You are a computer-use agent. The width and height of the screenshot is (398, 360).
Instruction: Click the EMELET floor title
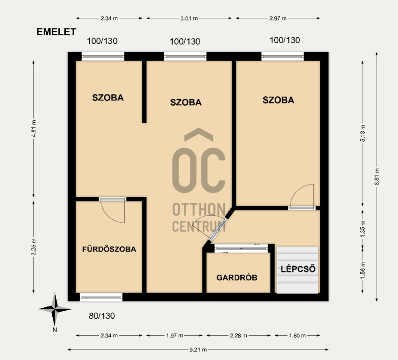[56, 32]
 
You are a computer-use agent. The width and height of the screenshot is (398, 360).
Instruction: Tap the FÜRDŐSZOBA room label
[109, 249]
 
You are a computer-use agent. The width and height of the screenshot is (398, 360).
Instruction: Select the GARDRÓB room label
[237, 277]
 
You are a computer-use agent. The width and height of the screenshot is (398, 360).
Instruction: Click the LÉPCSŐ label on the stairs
[298, 269]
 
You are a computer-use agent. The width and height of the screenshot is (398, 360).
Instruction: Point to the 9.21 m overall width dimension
[198, 350]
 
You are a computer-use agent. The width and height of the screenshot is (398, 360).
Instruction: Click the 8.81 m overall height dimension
[377, 177]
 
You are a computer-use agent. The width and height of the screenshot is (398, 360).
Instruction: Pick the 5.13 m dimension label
[363, 133]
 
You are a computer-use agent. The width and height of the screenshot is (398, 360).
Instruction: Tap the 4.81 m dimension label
[34, 128]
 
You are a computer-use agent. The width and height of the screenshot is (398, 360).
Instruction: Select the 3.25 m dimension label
[34, 247]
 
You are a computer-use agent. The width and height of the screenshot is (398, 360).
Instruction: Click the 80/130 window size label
[102, 316]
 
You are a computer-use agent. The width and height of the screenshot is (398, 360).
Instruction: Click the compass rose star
[55, 309]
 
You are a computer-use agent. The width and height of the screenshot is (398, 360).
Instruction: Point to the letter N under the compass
[55, 330]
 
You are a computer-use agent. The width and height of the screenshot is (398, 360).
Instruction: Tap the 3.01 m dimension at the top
[189, 18]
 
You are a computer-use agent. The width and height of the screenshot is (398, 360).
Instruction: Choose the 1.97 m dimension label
[175, 336]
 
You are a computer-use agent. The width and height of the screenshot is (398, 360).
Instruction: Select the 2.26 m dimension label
[238, 336]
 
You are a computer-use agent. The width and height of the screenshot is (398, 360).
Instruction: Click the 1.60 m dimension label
[297, 336]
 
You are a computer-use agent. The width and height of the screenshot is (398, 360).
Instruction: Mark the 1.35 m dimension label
[363, 229]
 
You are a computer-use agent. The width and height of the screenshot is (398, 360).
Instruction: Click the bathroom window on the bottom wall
[101, 297]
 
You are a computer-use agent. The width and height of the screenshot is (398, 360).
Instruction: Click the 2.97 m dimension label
[278, 18]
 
